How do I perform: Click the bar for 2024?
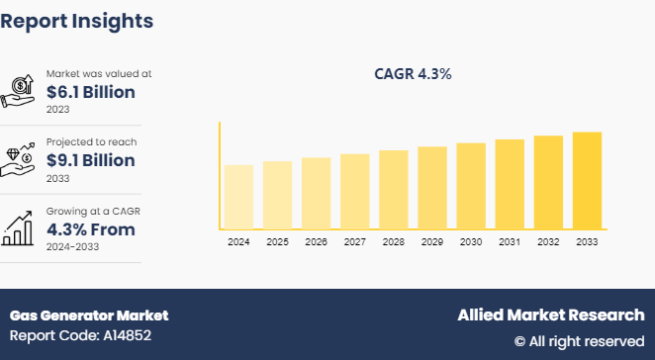click(238, 197)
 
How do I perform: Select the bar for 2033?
click(587, 180)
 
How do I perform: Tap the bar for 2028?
click(394, 189)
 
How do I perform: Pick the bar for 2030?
click(471, 186)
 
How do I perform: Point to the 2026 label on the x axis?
click(316, 241)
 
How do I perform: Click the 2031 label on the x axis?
click(510, 241)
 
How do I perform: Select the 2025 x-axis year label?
click(277, 241)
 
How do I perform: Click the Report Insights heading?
click(77, 20)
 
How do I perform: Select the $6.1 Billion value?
click(91, 93)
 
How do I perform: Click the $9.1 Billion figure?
click(91, 161)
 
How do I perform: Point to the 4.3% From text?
click(91, 229)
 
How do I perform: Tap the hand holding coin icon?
click(21, 91)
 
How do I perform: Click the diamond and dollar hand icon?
click(21, 158)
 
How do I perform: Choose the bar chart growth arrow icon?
click(21, 226)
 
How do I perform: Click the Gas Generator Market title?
click(89, 315)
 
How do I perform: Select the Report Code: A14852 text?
click(82, 336)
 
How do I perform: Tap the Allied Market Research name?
click(550, 315)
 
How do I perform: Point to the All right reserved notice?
click(579, 341)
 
